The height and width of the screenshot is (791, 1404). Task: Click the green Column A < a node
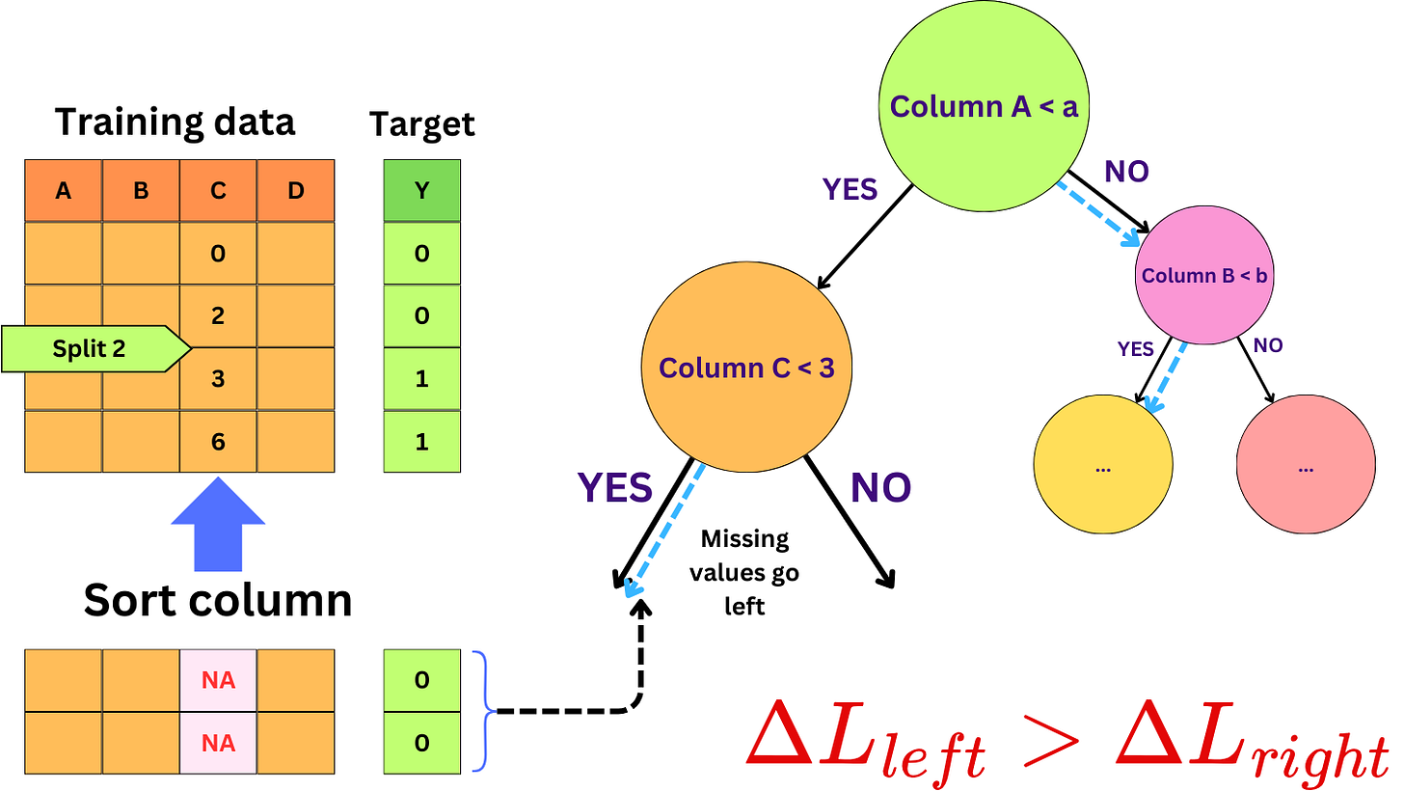tap(984, 106)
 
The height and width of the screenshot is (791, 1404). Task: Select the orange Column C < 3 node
tap(746, 368)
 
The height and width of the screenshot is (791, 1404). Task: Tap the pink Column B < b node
tap(1203, 276)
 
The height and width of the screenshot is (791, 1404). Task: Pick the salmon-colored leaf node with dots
tap(1305, 467)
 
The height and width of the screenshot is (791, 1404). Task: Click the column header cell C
tap(218, 191)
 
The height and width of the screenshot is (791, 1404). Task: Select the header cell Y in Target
tap(421, 191)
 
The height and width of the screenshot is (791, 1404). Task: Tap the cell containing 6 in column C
tap(218, 442)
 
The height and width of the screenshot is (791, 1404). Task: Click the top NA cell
tap(218, 680)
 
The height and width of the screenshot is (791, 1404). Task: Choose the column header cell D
tap(295, 191)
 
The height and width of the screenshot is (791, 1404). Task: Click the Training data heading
tap(175, 123)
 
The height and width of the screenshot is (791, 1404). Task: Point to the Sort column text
tap(217, 600)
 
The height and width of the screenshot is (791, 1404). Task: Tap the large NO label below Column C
tap(879, 488)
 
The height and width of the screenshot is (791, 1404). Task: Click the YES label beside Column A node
tap(850, 190)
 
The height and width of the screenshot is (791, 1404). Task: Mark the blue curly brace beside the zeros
tap(483, 712)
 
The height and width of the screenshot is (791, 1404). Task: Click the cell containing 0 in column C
tap(218, 254)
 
